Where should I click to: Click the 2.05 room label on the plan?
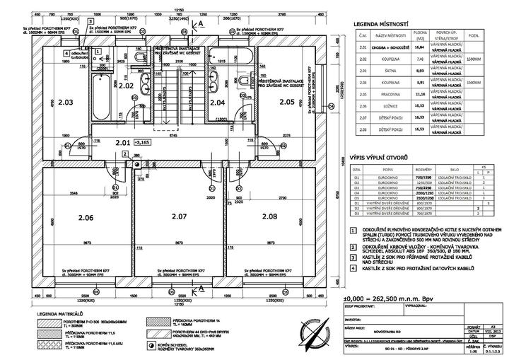point(287,102)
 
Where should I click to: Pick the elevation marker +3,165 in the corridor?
point(145,142)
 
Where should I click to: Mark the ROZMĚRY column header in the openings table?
point(424,170)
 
